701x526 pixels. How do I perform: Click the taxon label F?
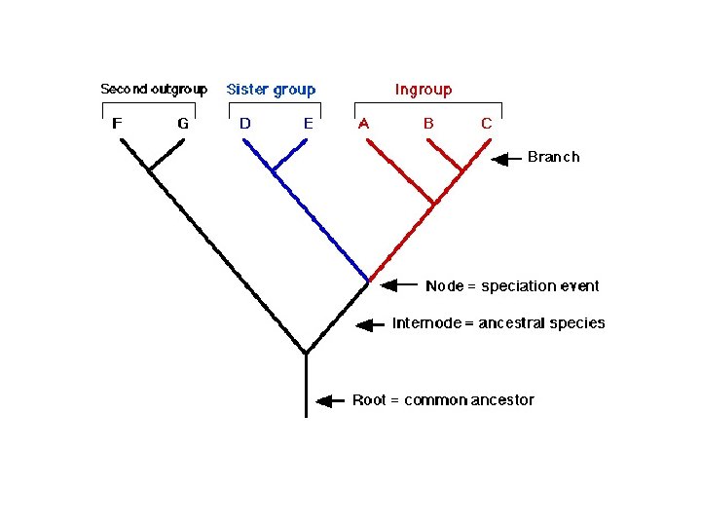pos(117,124)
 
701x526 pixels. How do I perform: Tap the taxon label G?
pos(183,124)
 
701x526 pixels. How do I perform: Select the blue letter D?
pos(244,124)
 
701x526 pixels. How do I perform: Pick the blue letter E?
pos(308,124)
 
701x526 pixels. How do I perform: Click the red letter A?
pos(364,124)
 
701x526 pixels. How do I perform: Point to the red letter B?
pos(427,124)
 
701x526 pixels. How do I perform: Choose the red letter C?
pos(487,124)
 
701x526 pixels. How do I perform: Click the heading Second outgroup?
pos(154,90)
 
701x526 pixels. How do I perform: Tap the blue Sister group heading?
pos(272,90)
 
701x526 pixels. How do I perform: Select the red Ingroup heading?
pos(424,90)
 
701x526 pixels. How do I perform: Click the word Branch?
pos(553,157)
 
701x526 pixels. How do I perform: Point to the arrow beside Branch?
pos(507,158)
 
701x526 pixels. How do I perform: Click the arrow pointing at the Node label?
pos(397,286)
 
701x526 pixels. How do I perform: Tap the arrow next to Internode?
pos(371,325)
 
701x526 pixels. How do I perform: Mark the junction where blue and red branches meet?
pos(369,281)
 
